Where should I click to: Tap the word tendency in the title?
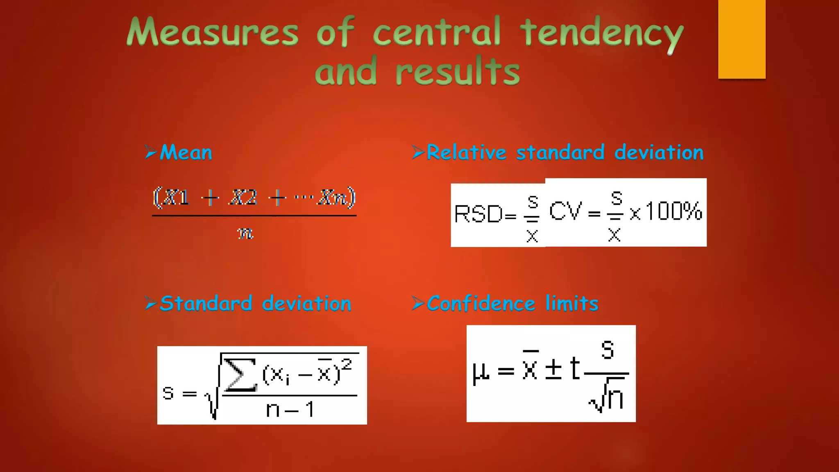[x=601, y=33]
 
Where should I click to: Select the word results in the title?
[x=458, y=72]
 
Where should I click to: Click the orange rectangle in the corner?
[x=741, y=39]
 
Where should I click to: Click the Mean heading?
[x=186, y=152]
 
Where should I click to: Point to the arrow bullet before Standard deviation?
[x=151, y=304]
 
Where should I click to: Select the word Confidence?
[x=481, y=304]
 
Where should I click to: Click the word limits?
[x=571, y=304]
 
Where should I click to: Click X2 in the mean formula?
[x=243, y=198]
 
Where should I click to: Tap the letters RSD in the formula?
[x=478, y=214]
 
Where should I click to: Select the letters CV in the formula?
[x=565, y=212]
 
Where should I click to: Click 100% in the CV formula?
[x=673, y=211]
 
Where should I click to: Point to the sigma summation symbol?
[x=240, y=374]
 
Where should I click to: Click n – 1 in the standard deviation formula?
[x=290, y=409]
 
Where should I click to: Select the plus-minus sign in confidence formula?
[x=553, y=368]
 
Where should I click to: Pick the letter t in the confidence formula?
[x=575, y=368]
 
